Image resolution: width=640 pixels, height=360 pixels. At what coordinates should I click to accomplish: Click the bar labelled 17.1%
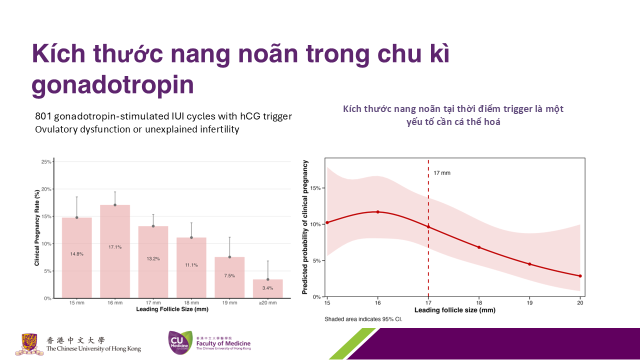click(115, 251)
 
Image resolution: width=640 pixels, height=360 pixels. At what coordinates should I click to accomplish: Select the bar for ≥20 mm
click(267, 289)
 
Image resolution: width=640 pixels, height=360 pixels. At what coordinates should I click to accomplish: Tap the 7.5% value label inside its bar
click(229, 275)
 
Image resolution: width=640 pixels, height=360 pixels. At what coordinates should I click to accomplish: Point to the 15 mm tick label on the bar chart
click(77, 303)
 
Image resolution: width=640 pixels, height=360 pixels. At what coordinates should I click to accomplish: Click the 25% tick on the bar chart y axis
click(46, 161)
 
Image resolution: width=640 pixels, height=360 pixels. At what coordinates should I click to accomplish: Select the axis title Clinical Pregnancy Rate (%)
click(37, 227)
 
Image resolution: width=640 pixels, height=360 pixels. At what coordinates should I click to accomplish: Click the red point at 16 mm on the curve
click(377, 212)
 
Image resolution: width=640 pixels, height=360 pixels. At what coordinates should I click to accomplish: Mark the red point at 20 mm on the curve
click(580, 276)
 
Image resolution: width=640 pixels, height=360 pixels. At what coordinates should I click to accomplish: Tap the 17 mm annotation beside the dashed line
click(441, 173)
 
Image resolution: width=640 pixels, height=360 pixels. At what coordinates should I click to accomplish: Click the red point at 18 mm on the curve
click(479, 247)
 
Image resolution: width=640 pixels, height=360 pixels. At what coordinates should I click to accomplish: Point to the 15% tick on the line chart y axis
click(315, 188)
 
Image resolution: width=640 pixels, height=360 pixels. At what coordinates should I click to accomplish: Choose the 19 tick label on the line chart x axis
click(529, 303)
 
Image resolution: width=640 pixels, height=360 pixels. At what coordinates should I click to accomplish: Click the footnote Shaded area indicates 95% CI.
click(363, 319)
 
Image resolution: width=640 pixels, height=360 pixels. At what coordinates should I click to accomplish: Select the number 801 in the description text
click(43, 116)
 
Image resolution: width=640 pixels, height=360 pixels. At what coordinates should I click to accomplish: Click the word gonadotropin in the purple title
click(113, 85)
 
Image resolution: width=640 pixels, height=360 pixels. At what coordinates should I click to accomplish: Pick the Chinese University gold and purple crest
click(29, 344)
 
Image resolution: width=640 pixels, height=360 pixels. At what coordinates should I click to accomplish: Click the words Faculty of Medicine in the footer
click(223, 343)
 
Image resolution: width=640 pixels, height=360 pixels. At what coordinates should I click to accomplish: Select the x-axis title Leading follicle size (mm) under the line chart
click(455, 310)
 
